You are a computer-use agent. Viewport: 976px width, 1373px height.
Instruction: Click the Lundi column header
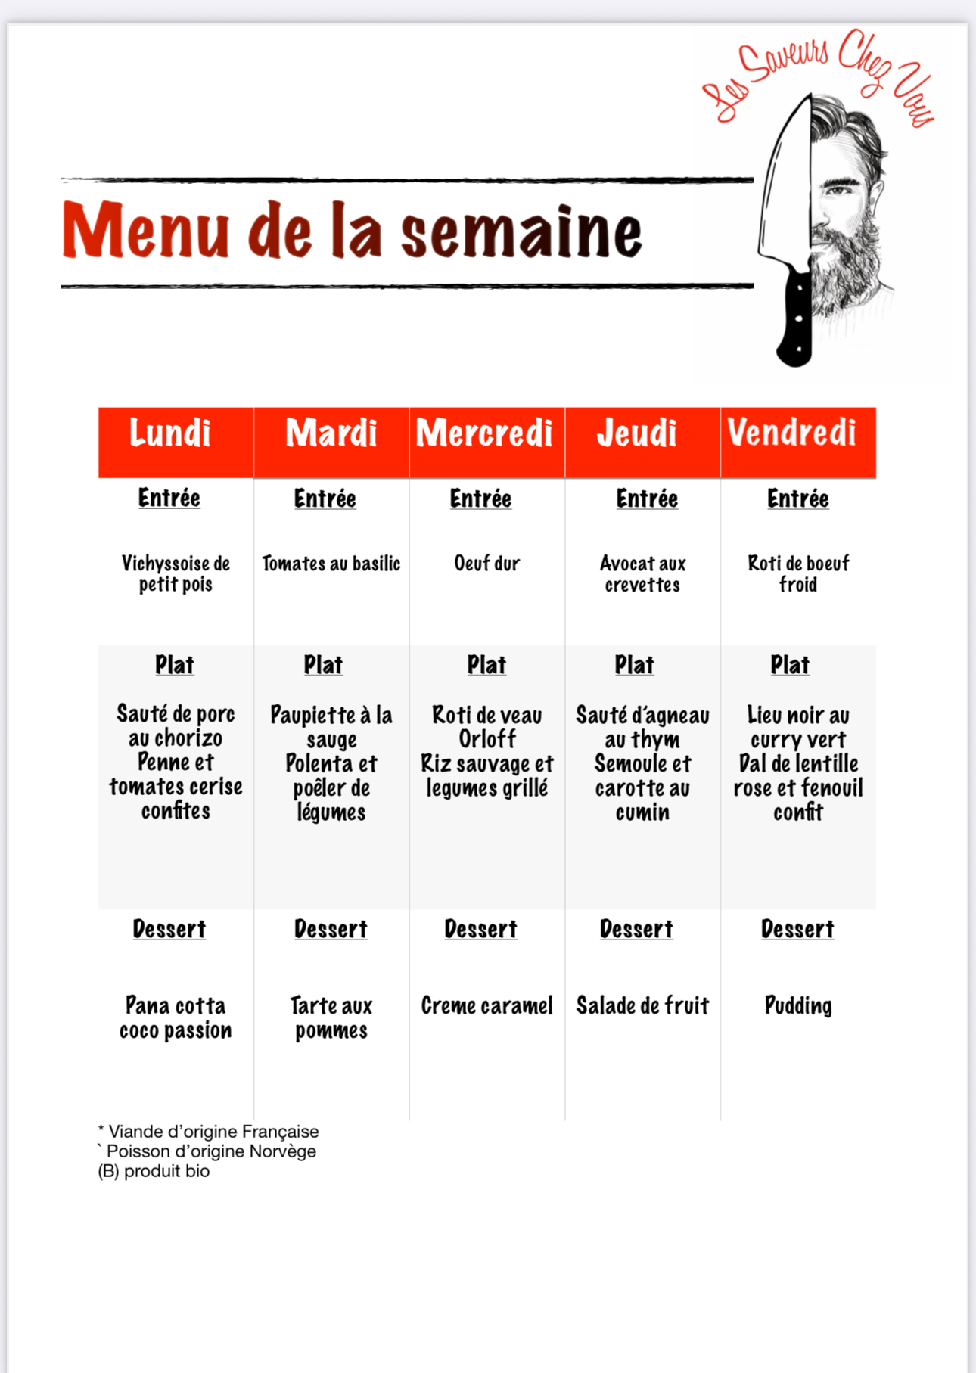pyautogui.click(x=170, y=433)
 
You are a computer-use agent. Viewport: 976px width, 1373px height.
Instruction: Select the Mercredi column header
pyautogui.click(x=485, y=433)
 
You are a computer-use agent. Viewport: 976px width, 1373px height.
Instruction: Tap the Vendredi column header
pyautogui.click(x=792, y=433)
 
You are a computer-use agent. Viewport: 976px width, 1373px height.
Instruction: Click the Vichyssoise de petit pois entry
pyautogui.click(x=176, y=573)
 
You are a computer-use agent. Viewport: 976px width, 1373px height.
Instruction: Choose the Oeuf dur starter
pyautogui.click(x=486, y=564)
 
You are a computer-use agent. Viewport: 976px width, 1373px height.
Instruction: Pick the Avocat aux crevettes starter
pyautogui.click(x=642, y=573)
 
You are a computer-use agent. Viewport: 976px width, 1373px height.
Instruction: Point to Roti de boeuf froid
pyautogui.click(x=798, y=573)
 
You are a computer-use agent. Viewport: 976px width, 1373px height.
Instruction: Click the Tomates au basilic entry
pyautogui.click(x=331, y=564)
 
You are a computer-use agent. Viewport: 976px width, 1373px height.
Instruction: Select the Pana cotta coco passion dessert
pyautogui.click(x=176, y=1017)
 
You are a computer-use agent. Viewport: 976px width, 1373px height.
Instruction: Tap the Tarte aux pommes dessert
pyautogui.click(x=331, y=1017)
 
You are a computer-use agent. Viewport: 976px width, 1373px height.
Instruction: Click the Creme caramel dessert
pyautogui.click(x=486, y=1006)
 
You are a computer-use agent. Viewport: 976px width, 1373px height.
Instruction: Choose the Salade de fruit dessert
pyautogui.click(x=642, y=1006)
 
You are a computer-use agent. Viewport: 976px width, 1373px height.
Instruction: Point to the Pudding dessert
pyautogui.click(x=798, y=1006)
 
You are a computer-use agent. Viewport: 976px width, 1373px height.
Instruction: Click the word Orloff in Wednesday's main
pyautogui.click(x=487, y=739)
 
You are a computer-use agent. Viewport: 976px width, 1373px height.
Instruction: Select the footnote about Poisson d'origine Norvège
pyautogui.click(x=207, y=1151)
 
